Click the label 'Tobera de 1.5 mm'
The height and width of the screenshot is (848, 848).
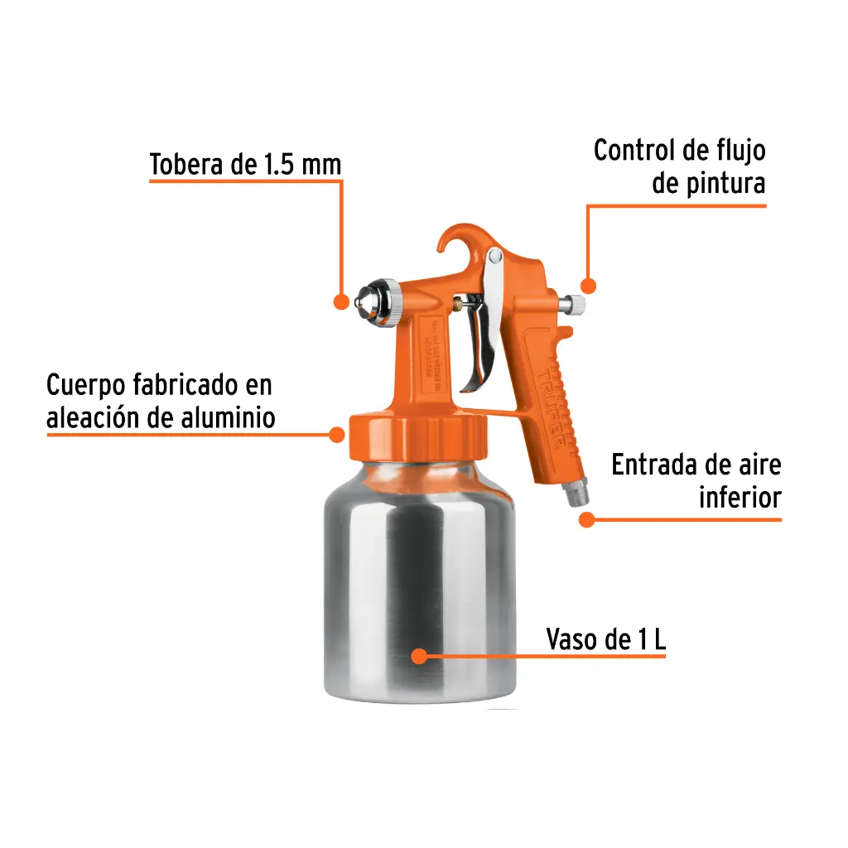pyautogui.click(x=245, y=164)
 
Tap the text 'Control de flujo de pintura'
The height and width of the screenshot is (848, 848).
pyautogui.click(x=679, y=166)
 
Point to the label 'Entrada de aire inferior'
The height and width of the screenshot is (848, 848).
pyautogui.click(x=696, y=481)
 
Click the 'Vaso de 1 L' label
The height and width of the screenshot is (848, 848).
pyautogui.click(x=605, y=639)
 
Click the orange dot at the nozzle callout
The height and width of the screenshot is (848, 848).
pyautogui.click(x=340, y=301)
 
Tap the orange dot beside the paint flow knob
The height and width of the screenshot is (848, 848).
pyautogui.click(x=589, y=285)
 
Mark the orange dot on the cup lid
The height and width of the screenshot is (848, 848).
pyautogui.click(x=337, y=434)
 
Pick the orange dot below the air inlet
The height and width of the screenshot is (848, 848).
pyautogui.click(x=586, y=520)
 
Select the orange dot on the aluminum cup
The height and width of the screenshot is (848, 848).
pyautogui.click(x=419, y=657)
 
